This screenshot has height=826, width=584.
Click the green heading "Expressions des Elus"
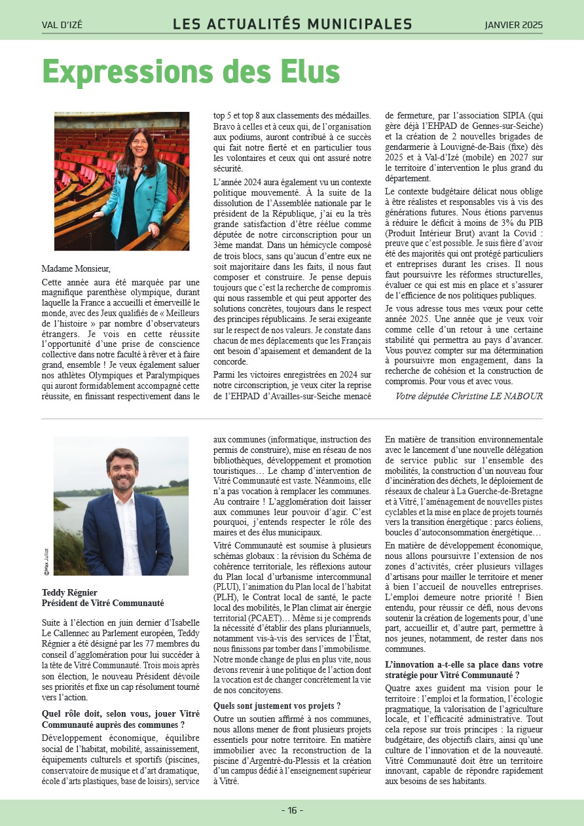(191, 73)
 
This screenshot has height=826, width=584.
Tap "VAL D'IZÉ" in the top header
(62, 26)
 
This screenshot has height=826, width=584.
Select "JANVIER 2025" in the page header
(513, 26)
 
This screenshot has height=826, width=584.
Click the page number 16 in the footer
(292, 810)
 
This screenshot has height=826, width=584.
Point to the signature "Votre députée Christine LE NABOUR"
(469, 396)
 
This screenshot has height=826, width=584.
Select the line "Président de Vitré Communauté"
(102, 603)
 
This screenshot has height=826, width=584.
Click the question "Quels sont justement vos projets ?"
(277, 706)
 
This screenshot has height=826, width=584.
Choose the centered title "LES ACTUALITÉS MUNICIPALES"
(292, 25)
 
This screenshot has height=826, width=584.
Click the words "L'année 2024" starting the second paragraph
(238, 179)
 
